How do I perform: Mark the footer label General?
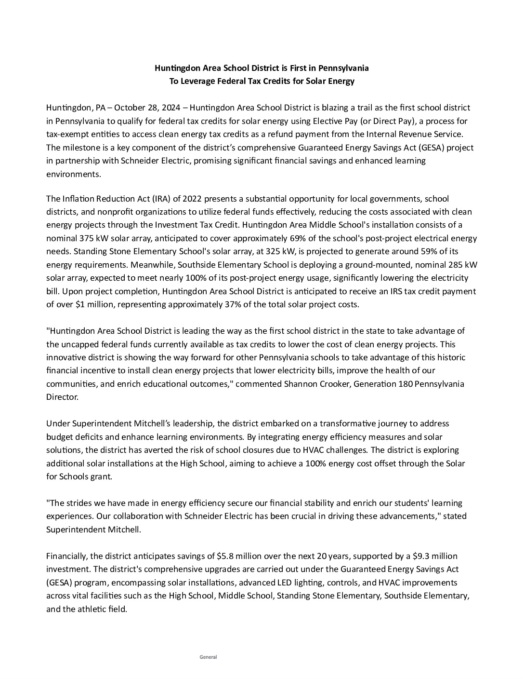coord(208,657)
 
